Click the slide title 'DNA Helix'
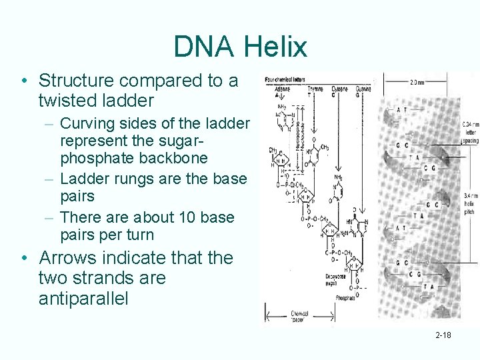click(x=240, y=47)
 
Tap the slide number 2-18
click(x=443, y=335)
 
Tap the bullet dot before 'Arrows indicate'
click(x=24, y=259)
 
